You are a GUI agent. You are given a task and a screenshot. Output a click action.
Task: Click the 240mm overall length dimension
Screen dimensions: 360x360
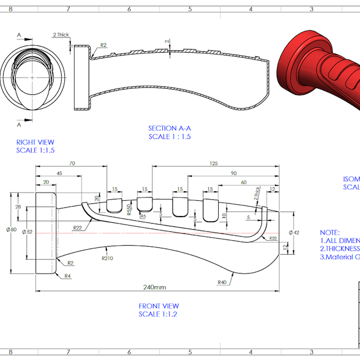point(155,287)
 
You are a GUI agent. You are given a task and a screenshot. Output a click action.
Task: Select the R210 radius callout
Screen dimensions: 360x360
point(108,259)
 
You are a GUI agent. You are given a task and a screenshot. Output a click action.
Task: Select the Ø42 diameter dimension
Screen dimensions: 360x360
point(295,232)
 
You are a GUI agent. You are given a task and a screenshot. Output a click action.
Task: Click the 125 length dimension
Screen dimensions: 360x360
point(214,164)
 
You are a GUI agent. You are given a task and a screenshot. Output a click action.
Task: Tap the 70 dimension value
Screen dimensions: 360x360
point(72,164)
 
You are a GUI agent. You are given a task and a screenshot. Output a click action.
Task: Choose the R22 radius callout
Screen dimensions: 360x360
point(78,227)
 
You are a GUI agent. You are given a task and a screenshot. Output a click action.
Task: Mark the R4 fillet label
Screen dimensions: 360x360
point(67,276)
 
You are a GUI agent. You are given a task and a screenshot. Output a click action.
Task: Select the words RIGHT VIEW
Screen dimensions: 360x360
point(35,142)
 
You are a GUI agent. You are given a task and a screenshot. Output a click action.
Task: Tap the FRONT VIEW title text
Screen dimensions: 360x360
point(159,306)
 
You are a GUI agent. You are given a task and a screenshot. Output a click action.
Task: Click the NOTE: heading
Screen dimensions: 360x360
point(330,232)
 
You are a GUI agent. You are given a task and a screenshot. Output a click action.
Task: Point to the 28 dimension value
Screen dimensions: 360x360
point(19,208)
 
